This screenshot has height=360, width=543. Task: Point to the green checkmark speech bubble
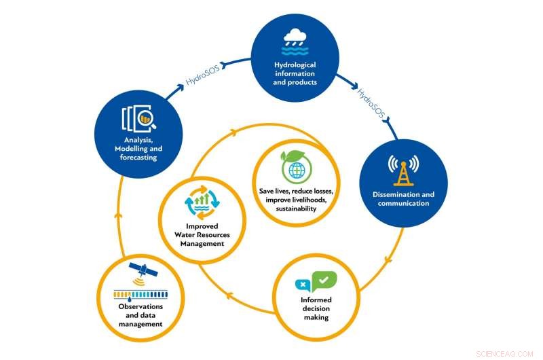[x=324, y=280]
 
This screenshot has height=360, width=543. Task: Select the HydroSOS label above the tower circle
[x=371, y=102]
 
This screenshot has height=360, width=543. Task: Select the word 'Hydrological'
[x=295, y=66]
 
